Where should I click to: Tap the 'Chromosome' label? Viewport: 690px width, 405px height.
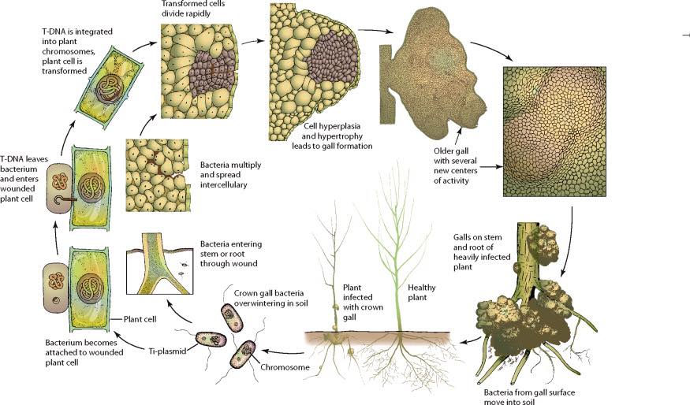285,367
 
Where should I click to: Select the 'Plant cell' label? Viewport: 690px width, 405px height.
140,319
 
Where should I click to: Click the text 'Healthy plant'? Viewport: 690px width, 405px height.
422,292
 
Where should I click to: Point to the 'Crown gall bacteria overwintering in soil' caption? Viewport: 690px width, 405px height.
271,298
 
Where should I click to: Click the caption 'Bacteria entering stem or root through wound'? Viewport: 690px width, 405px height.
231,254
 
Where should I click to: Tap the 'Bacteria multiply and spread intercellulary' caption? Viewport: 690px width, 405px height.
230,175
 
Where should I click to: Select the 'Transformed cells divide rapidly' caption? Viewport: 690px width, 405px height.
192,9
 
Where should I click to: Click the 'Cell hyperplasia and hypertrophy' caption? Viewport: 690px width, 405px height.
332,131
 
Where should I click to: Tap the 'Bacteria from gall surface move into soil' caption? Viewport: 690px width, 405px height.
529,396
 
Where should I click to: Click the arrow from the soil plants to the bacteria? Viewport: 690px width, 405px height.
283,351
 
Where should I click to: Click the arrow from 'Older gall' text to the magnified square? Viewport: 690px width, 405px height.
491,167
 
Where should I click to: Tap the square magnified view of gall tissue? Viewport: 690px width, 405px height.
554,132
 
